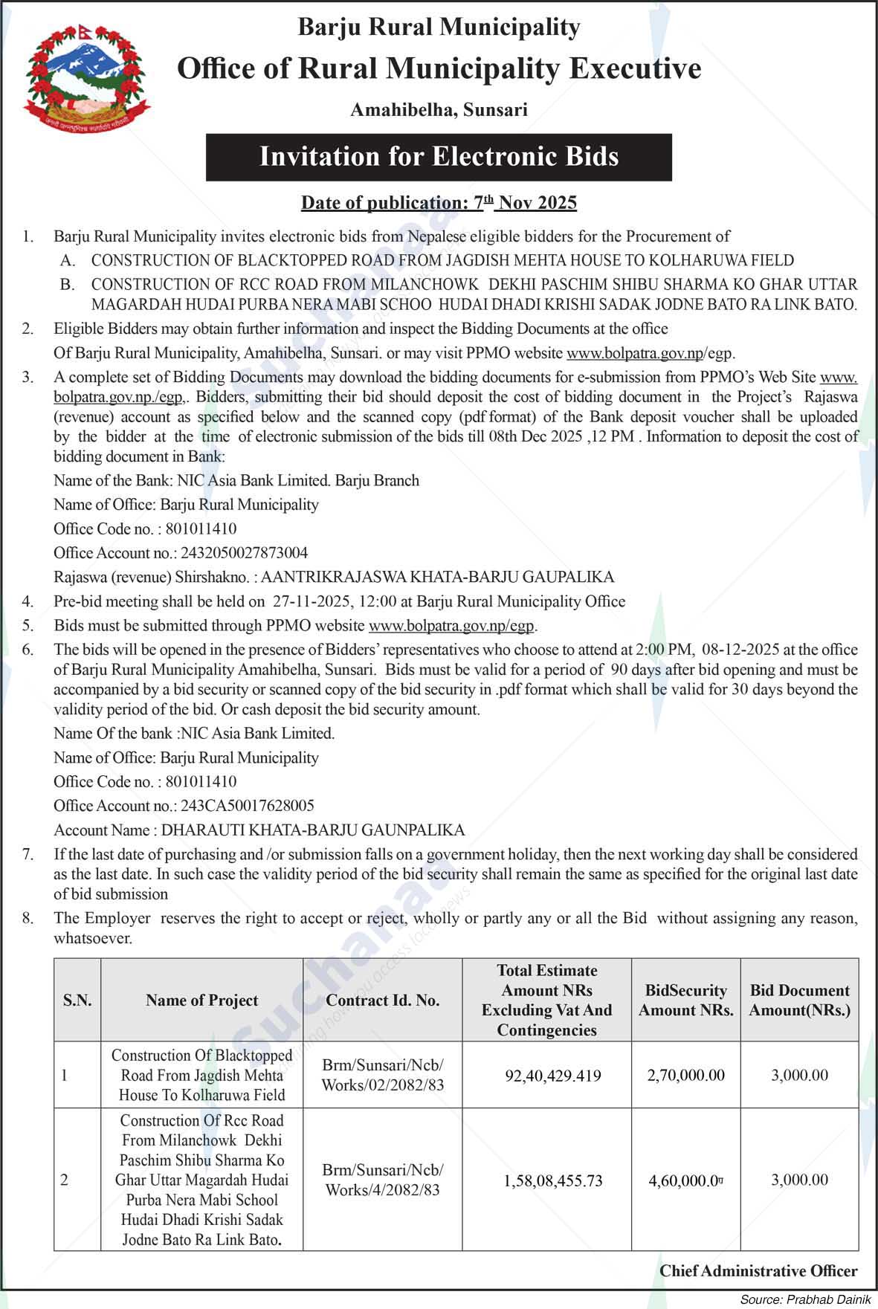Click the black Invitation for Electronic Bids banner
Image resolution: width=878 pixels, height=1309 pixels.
point(439,157)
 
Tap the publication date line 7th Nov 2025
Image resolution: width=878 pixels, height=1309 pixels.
point(439,202)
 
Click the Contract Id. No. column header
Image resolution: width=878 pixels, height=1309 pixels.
point(382,1001)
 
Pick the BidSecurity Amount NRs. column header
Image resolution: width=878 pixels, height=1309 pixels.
point(685,1001)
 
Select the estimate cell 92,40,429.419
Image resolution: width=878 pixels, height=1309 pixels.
point(553,1076)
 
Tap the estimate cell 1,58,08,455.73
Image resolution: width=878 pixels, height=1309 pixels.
point(553,1180)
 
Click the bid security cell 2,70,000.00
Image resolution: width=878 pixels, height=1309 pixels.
point(685,1076)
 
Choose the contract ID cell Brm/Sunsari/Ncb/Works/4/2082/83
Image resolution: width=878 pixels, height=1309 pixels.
point(382,1180)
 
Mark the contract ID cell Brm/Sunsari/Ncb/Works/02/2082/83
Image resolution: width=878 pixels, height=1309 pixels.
point(382,1075)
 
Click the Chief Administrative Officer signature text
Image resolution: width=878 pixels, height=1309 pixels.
point(758,1271)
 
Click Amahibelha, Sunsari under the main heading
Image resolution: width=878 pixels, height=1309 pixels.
point(439,110)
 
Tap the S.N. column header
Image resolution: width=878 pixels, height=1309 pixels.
point(77,1001)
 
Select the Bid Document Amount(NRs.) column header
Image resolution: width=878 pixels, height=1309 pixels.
point(799,1001)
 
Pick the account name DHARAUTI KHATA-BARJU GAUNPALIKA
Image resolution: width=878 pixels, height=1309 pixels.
point(313,830)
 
